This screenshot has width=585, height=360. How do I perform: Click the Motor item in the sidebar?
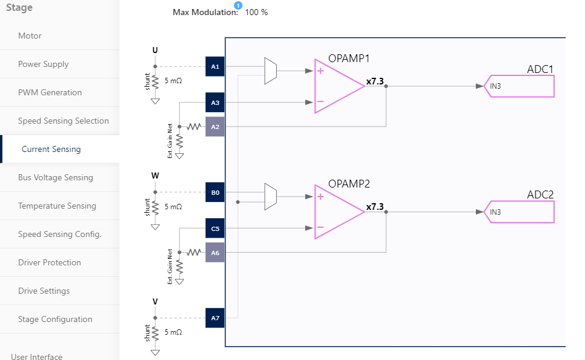point(30,36)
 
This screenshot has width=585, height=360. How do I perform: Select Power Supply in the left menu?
point(43,64)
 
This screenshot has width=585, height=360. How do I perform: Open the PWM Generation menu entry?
point(49,92)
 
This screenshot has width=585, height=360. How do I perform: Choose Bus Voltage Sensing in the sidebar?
point(55,177)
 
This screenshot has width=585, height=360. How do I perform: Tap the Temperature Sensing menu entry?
point(57,206)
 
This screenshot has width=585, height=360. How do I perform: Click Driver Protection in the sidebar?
point(49,262)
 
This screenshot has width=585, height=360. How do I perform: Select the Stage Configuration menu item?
point(55,319)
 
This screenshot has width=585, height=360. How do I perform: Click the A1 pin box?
point(215,66)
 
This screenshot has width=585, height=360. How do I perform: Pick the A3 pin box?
point(215,103)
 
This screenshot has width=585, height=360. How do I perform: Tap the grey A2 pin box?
point(215,127)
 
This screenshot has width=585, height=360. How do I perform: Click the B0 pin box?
point(215,193)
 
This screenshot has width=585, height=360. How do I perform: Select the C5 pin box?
point(215,229)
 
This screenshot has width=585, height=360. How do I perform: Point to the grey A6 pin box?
point(215,252)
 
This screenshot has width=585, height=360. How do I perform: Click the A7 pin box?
point(215,318)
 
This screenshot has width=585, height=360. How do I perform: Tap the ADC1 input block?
point(519,86)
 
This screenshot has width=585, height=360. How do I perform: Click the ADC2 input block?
point(519,212)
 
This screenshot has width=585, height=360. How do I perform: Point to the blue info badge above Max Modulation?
point(238,5)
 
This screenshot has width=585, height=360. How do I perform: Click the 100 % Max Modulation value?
point(256,12)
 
